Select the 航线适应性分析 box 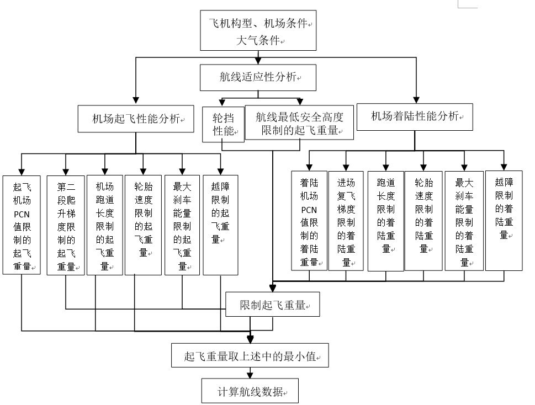(x=258, y=77)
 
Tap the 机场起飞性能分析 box (x=136, y=118)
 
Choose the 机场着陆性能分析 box (x=415, y=116)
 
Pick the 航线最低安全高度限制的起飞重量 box (x=299, y=124)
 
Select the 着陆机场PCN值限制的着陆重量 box (x=309, y=220)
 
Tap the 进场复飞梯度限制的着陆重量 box (x=346, y=220)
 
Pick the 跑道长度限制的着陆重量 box (x=386, y=220)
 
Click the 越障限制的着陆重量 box (x=504, y=220)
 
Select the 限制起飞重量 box (x=272, y=305)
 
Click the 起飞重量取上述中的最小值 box (x=250, y=355)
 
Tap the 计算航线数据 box (x=250, y=392)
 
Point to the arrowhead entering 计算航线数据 (x=250, y=375)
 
